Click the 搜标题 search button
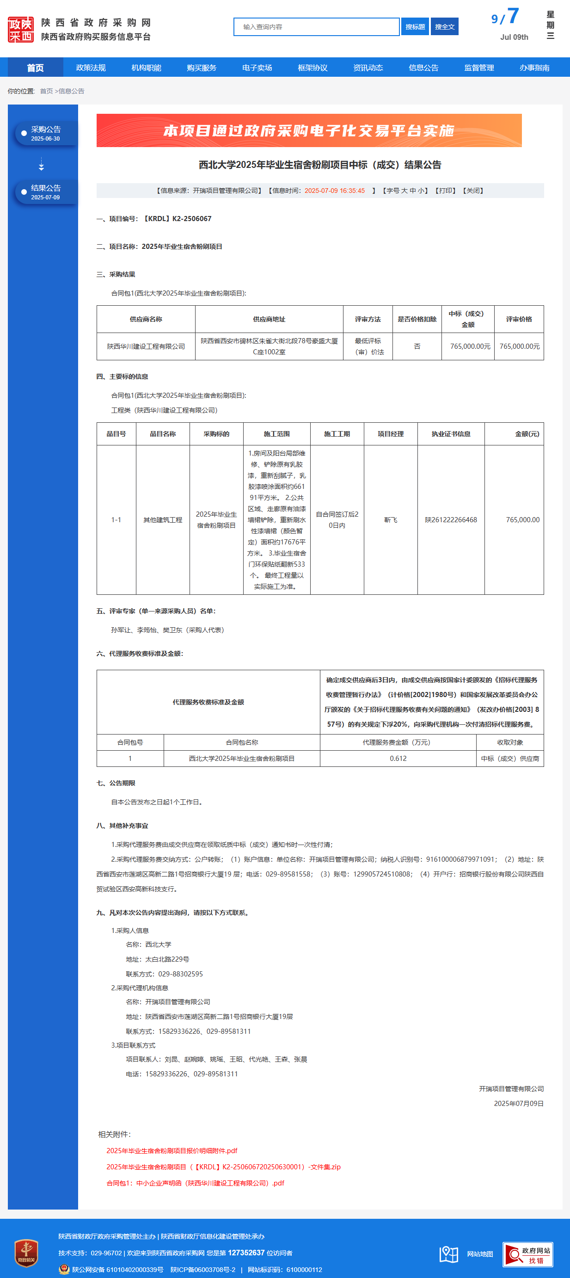pos(415,27)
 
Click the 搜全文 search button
pos(445,27)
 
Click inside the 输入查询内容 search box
pos(316,27)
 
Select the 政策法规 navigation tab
pos(91,68)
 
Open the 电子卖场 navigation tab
pos(257,68)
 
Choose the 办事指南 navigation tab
pos(534,68)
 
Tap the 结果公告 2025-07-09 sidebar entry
pos(46,192)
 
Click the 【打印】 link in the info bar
pos(445,191)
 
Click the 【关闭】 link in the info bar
pos(473,191)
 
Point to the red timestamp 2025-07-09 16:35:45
pos(335,191)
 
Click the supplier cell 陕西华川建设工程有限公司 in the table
pos(146,346)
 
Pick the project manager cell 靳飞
pos(391,519)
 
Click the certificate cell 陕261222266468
pos(451,519)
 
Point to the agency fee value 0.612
pos(398,758)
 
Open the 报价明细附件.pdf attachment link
pos(172,1150)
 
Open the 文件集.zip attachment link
pos(223,1167)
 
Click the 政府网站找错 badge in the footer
pos(527,1255)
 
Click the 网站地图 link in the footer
pos(479,1254)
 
